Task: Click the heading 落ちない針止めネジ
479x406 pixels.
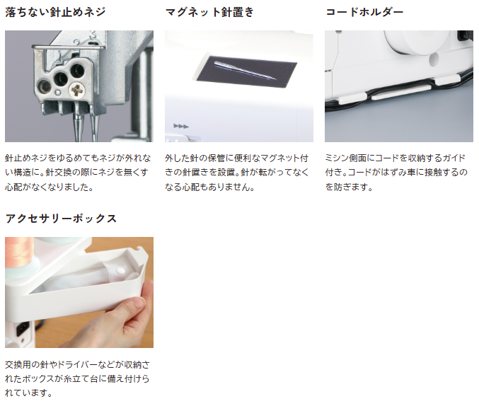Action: [x=55, y=12]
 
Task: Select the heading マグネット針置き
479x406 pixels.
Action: [x=209, y=12]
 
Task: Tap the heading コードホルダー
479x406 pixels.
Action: [x=364, y=12]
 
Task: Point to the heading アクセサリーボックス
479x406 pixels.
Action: [x=61, y=219]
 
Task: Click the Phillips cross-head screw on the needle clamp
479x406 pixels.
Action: [x=77, y=91]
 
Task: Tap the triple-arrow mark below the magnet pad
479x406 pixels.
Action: [x=181, y=126]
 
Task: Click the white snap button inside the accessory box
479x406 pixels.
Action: [x=121, y=270]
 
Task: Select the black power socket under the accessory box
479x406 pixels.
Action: [x=22, y=329]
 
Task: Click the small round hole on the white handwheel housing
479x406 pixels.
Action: [x=433, y=59]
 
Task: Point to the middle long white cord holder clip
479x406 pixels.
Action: [x=400, y=93]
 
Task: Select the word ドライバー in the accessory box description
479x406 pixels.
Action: [x=77, y=364]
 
